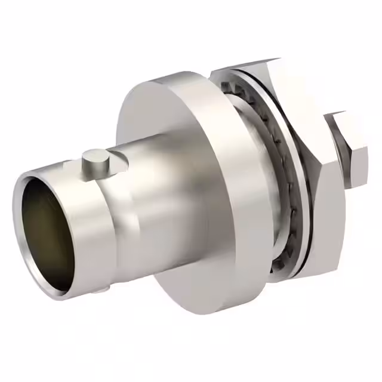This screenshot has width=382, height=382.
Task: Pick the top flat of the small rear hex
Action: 346,119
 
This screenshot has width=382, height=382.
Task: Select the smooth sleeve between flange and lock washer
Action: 251,179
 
